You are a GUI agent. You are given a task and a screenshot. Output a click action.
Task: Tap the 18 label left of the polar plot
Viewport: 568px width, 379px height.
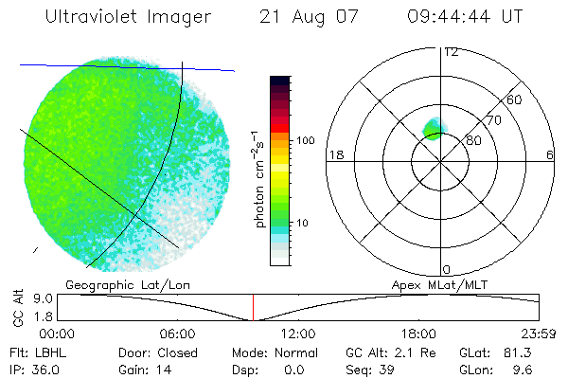[x=334, y=154]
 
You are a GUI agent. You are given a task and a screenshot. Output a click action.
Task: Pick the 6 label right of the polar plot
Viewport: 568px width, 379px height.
[x=550, y=154]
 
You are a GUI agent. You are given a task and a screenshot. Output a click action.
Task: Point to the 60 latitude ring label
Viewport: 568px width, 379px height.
[x=515, y=99]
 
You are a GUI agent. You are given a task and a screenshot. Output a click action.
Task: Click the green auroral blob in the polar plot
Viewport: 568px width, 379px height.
[x=435, y=128]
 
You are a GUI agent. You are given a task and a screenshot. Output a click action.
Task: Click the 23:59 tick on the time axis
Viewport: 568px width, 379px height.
[x=538, y=334]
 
